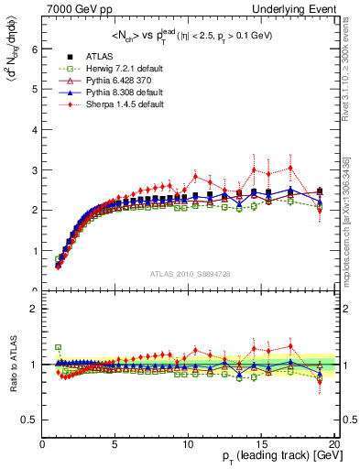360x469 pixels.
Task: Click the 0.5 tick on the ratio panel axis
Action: pos(29,420)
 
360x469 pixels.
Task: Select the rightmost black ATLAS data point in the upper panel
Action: pos(320,191)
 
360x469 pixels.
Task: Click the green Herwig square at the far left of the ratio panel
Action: pos(58,348)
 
